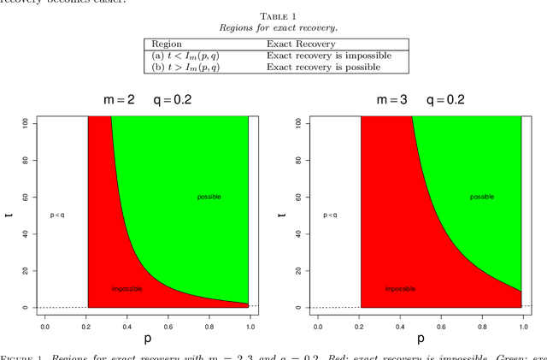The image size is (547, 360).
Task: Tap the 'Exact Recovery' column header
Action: click(301, 44)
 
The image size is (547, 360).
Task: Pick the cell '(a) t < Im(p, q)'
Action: click(184, 56)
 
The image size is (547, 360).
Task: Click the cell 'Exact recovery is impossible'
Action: click(329, 56)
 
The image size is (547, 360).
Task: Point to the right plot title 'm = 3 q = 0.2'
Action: click(421, 99)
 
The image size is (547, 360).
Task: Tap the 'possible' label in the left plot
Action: click(209, 197)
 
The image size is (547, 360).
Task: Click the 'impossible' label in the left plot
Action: click(127, 289)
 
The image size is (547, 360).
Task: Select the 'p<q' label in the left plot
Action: click(57, 215)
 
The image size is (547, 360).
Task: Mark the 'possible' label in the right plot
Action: click(482, 197)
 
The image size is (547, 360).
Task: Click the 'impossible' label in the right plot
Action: click(400, 289)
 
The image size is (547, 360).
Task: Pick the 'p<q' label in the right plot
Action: click(330, 215)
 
